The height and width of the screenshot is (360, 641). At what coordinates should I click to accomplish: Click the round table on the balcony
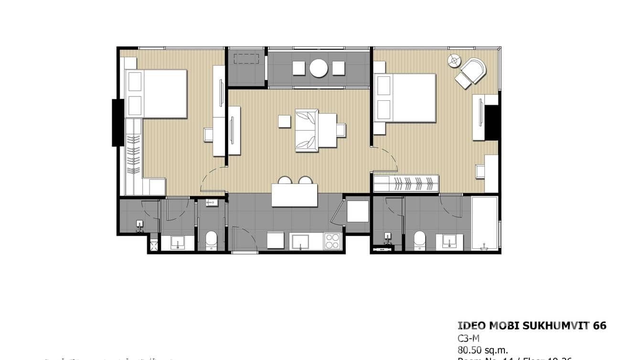click(319, 68)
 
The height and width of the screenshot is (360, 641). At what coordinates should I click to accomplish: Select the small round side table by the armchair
click(454, 61)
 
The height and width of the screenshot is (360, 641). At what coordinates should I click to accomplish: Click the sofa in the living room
click(306, 130)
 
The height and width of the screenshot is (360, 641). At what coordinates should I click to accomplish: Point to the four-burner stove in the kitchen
click(332, 241)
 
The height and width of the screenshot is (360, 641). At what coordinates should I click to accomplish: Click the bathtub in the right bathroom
click(484, 223)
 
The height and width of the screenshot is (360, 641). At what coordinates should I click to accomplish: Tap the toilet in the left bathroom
click(211, 241)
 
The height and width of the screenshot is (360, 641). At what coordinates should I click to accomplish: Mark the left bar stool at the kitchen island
click(285, 180)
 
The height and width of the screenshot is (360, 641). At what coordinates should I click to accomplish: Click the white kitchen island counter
click(295, 195)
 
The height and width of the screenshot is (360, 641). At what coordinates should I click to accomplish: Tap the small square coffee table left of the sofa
click(285, 121)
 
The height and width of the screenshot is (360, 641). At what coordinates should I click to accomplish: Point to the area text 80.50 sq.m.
click(483, 350)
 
